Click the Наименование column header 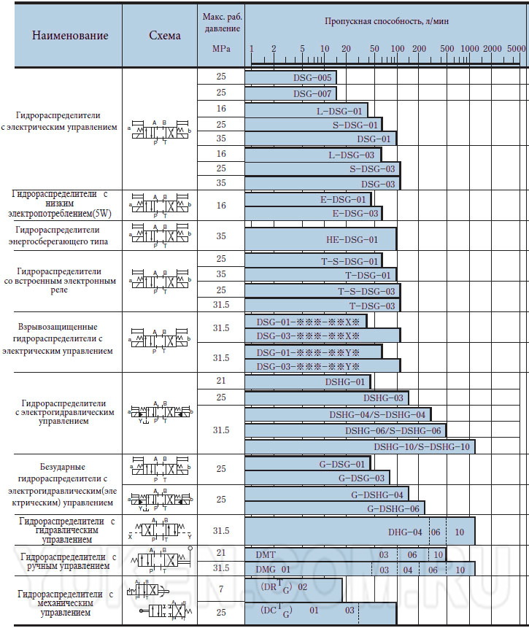[70, 35]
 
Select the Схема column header [164, 35]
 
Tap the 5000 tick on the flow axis [516, 48]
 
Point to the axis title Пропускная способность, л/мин [386, 21]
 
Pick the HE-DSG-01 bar [320, 239]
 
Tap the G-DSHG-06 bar [335, 508]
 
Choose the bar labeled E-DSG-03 [314, 214]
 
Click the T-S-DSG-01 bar [314, 261]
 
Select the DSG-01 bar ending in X [306, 322]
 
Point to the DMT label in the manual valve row [266, 554]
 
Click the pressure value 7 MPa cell [221, 587]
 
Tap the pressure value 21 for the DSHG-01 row [221, 381]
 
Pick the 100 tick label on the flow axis [397, 48]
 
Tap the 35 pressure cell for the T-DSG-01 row [221, 274]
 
